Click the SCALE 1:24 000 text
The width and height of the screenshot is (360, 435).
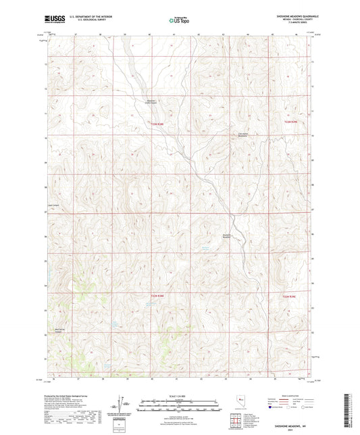[x=180, y=395]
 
